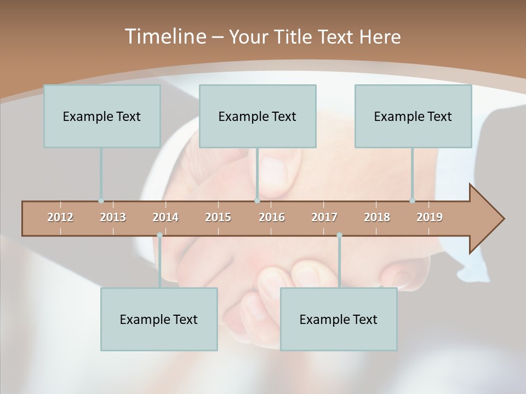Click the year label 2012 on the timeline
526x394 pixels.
click(60, 217)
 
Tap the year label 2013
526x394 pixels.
click(113, 217)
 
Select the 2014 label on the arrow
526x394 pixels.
click(165, 217)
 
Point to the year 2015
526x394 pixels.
click(218, 217)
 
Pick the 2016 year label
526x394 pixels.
click(272, 217)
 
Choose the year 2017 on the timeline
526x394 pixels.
click(324, 217)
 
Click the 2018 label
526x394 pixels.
click(377, 217)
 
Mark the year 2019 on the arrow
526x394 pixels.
click(430, 217)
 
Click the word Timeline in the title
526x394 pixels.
click(164, 37)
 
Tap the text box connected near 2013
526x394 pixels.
click(102, 116)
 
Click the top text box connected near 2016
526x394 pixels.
click(258, 116)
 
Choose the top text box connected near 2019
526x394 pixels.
click(413, 116)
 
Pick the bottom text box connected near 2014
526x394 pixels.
click(159, 319)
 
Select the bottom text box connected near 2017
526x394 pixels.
click(339, 319)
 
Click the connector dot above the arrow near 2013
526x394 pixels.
click(101, 201)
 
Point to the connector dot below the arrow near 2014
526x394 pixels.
click(159, 235)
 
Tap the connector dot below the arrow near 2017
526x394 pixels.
click(339, 235)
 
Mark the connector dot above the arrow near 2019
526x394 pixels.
click(412, 201)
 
